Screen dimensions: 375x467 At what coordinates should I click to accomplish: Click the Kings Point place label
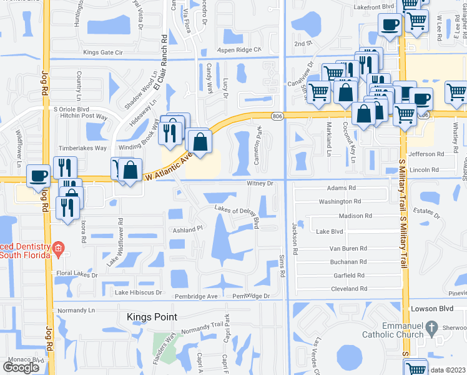pyautogui.click(x=152, y=317)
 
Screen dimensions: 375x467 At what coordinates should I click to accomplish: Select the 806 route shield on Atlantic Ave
pyautogui.click(x=277, y=116)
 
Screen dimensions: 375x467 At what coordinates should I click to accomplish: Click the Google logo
pyautogui.click(x=21, y=367)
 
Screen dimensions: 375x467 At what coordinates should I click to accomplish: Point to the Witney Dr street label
pyautogui.click(x=260, y=184)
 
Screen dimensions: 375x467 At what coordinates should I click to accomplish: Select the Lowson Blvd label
pyautogui.click(x=427, y=309)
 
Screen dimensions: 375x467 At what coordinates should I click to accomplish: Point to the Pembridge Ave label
pyautogui.click(x=200, y=296)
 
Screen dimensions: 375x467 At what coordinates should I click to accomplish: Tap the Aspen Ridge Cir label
pyautogui.click(x=238, y=49)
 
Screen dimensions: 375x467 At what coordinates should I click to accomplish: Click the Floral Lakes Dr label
pyautogui.click(x=77, y=274)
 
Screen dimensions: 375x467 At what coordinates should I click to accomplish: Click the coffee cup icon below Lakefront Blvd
pyautogui.click(x=390, y=25)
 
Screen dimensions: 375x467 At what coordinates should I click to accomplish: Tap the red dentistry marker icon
pyautogui.click(x=58, y=248)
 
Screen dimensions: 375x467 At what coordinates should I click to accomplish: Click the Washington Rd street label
pyautogui.click(x=340, y=201)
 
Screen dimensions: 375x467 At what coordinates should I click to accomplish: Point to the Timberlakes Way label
pyautogui.click(x=82, y=148)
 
